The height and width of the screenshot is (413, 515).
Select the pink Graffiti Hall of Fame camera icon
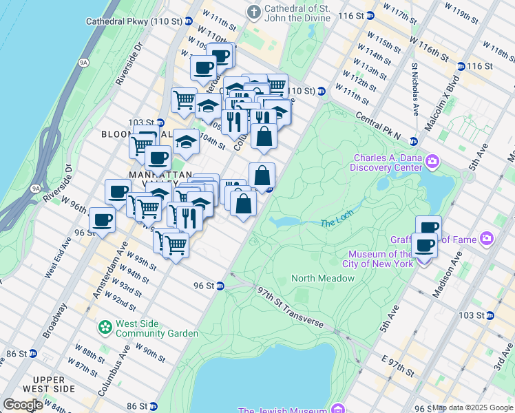(x=487, y=238)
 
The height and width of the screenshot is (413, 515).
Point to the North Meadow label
(x=323, y=278)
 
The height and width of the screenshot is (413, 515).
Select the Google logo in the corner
(x=23, y=404)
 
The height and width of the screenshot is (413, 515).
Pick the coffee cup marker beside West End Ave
(x=103, y=220)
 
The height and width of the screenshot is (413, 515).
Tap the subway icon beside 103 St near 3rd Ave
(x=490, y=315)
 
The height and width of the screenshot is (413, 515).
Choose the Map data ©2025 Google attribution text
(x=472, y=407)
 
